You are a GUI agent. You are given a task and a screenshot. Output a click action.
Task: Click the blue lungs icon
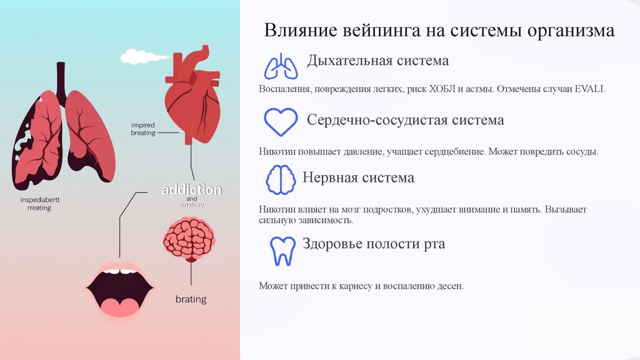(x=280, y=67)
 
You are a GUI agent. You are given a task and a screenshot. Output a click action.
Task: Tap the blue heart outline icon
(x=280, y=121)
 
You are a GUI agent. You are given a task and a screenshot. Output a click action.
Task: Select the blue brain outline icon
(x=281, y=180)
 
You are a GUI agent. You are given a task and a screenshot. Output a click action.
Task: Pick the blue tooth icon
(x=282, y=250)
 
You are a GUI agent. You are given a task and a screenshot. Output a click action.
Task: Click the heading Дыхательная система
(x=377, y=61)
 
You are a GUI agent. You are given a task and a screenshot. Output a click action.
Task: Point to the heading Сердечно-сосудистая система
(x=405, y=119)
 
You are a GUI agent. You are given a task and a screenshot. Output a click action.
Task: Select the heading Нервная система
(x=358, y=177)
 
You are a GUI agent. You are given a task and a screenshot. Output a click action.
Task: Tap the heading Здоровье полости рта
(x=374, y=243)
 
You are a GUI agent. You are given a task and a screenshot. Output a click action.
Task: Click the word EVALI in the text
(x=591, y=89)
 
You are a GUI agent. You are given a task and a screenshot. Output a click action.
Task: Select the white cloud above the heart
(x=137, y=57)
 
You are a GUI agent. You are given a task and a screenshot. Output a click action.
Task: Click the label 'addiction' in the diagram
(x=191, y=189)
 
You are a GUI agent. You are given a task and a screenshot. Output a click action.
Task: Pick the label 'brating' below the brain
(x=191, y=299)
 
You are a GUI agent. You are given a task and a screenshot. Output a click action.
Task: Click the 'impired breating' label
(x=143, y=129)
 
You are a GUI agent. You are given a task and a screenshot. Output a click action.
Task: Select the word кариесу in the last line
(x=355, y=286)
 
